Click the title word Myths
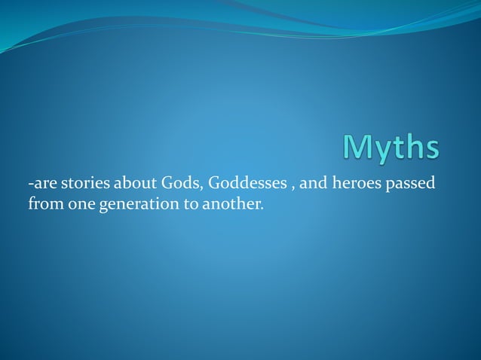[x=390, y=148]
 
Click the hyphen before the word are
[x=30, y=185]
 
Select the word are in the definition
[x=42, y=184]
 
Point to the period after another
[x=262, y=207]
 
